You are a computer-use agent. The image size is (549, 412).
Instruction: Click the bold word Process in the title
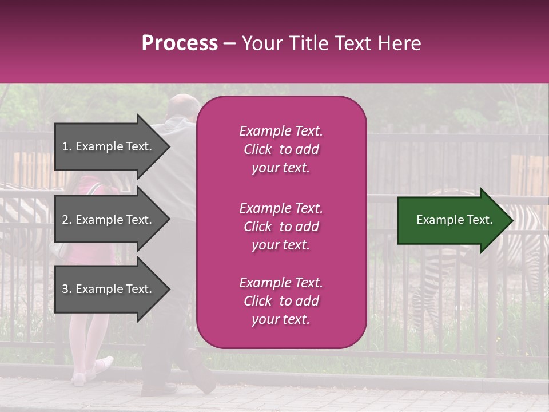(180, 43)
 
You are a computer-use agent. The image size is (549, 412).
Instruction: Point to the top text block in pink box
(281, 149)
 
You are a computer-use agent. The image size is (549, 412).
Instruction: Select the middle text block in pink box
(281, 227)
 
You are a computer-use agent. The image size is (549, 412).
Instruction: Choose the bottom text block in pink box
(281, 301)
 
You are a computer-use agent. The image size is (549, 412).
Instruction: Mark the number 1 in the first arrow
(65, 146)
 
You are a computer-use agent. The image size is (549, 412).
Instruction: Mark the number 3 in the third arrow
(65, 289)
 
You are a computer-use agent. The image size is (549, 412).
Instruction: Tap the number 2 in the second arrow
(65, 220)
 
